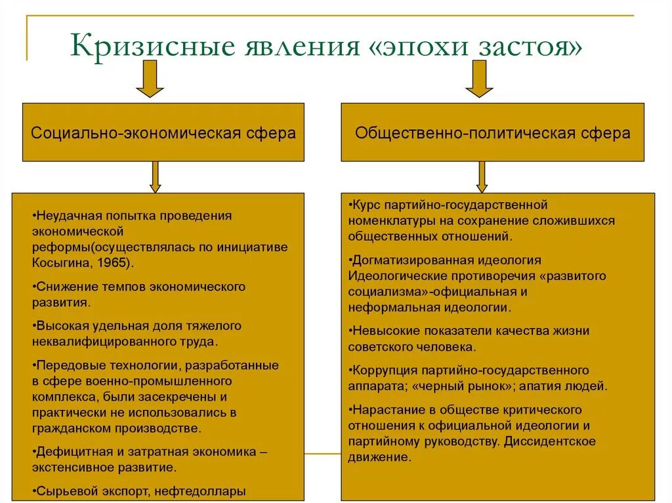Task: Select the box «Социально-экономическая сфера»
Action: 163,132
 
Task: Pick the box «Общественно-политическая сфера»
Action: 492,132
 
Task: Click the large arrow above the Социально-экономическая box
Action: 150,78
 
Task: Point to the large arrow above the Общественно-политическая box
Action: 479,78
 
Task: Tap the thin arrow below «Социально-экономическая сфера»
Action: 155,176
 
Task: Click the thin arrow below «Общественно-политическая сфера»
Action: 482,176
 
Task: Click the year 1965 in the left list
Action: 115,262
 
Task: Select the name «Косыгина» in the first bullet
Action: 57,262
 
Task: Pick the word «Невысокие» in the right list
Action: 383,331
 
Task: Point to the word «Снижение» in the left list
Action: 64,287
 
